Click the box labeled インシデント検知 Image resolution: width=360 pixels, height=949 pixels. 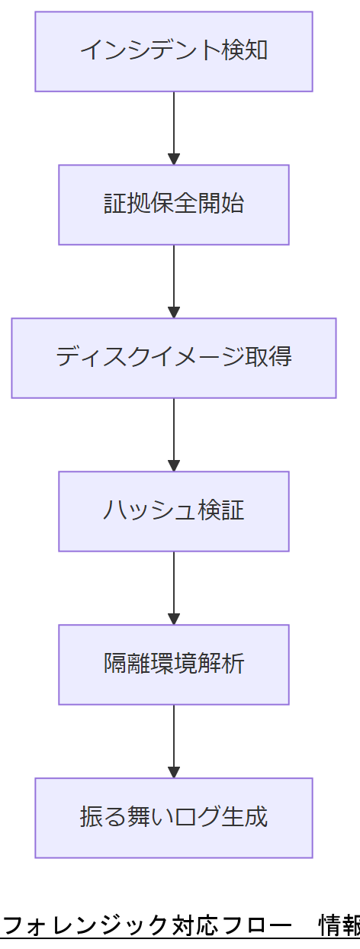coord(174,51)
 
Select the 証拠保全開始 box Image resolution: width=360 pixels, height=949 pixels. coord(174,204)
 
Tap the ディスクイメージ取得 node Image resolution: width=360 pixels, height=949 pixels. coord(174,358)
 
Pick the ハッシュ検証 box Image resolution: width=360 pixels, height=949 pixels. coord(174,511)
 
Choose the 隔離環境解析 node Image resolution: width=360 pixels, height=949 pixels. coord(174,664)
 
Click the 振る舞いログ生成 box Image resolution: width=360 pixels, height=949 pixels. coord(174,818)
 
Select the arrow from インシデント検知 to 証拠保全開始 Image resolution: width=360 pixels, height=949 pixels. coord(174,127)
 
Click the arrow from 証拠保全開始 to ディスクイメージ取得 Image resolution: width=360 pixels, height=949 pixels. coord(174,281)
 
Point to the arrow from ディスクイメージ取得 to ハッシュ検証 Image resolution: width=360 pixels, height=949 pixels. coord(174,434)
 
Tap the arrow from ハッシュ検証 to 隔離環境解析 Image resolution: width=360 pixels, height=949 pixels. coord(174,587)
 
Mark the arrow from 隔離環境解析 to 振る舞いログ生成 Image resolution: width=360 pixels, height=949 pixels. coord(174,741)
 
